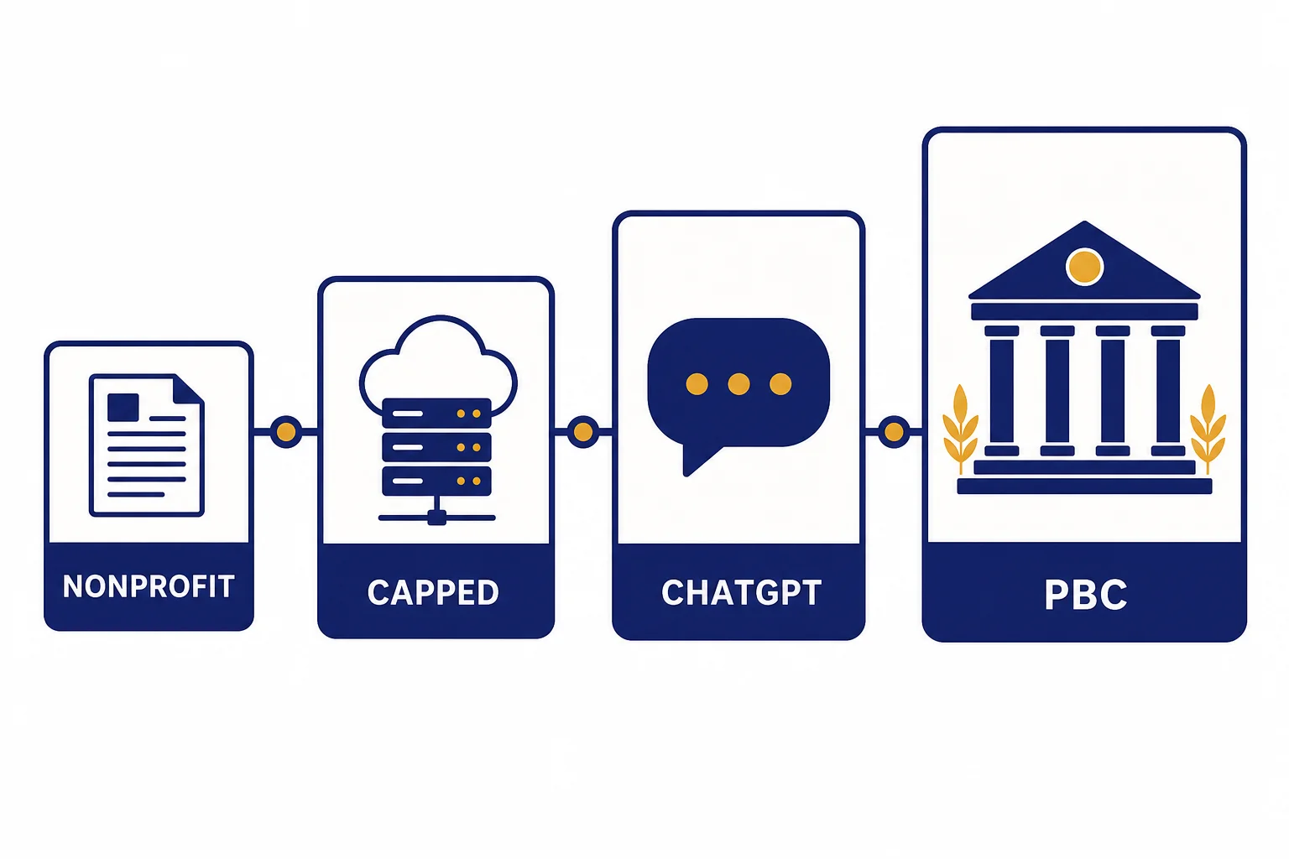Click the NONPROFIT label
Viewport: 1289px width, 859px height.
149,586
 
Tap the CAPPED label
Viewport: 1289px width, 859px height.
433,592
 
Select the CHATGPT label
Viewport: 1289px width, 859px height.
741,592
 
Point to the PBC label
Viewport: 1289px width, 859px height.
1085,595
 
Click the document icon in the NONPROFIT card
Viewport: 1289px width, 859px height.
147,445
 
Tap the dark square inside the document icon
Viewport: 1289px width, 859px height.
123,408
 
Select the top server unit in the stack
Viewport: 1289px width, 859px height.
436,413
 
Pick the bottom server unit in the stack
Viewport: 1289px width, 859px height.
436,481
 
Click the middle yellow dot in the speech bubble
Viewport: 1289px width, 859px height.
738,383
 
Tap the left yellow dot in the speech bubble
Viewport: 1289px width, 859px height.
697,383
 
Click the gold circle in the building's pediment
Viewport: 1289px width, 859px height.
1084,267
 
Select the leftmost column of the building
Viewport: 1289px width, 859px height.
1002,391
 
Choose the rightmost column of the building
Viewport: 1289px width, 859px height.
1167,391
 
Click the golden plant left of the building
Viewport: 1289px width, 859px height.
960,429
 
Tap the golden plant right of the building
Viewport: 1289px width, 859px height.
1208,429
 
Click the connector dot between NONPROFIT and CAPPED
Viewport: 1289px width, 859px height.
286,431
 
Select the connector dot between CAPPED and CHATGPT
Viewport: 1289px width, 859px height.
583,431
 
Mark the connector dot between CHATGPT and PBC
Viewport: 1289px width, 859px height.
894,431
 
